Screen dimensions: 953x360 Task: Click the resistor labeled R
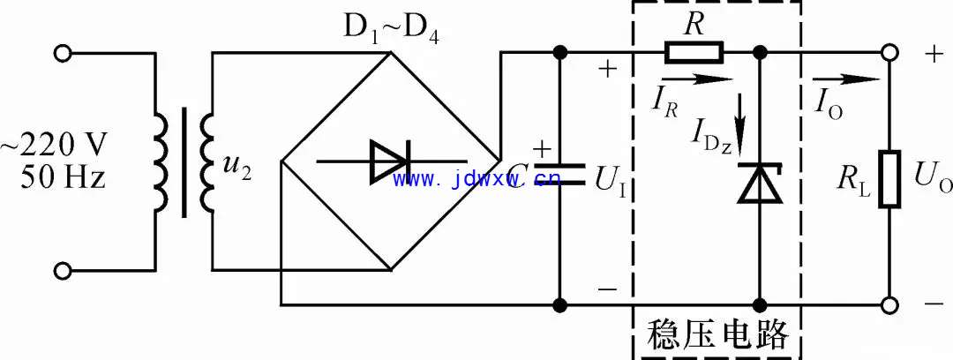[694, 53]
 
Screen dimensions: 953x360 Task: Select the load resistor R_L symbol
[889, 179]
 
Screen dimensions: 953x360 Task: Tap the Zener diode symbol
[760, 183]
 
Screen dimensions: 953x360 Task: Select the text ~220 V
[54, 146]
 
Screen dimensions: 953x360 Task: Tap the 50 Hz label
[63, 177]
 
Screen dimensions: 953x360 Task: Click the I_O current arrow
[845, 79]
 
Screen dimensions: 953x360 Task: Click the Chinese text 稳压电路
[717, 334]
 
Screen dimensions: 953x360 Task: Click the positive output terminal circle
[889, 53]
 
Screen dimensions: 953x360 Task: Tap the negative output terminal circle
[889, 304]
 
